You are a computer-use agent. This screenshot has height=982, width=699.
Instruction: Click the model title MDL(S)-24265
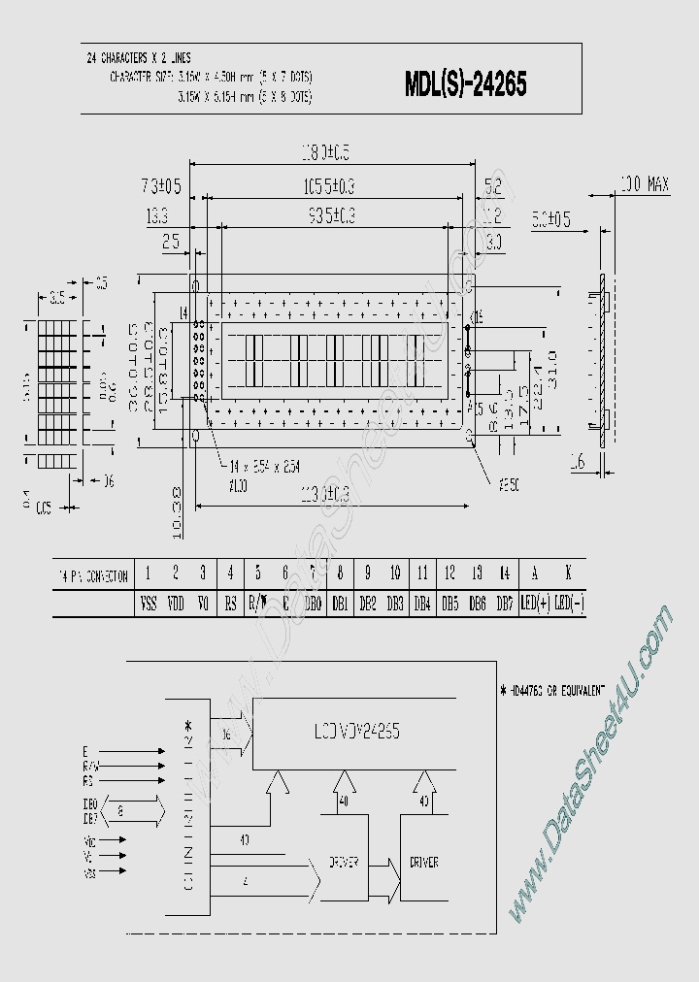[x=465, y=85]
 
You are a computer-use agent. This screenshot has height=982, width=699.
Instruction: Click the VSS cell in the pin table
[x=148, y=603]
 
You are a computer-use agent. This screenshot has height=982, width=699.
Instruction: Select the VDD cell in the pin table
[x=176, y=603]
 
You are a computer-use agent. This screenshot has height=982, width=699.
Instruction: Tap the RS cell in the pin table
[x=230, y=603]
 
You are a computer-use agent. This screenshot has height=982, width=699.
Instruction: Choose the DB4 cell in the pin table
[x=422, y=603]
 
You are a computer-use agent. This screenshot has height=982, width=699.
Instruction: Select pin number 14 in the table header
[x=504, y=574]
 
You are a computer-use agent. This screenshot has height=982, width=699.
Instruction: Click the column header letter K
[x=568, y=574]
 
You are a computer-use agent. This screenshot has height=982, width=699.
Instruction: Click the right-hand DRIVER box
[x=423, y=861]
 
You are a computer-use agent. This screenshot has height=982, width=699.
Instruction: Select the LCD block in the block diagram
[x=353, y=730]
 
